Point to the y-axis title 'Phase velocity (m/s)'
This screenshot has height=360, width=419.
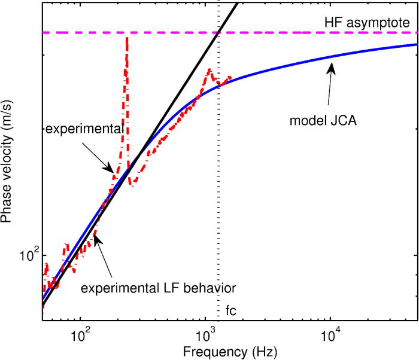[8, 161]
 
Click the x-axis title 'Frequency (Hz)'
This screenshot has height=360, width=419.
[230, 349]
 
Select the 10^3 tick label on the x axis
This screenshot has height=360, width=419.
[205, 332]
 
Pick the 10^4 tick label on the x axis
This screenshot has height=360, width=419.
[331, 332]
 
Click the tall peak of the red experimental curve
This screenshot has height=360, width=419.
[126, 38]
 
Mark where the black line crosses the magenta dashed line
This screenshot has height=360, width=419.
[219, 32]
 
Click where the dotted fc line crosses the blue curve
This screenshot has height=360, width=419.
[219, 84]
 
